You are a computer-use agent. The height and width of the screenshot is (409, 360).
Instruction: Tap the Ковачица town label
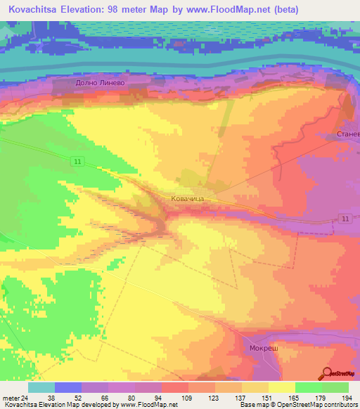188,200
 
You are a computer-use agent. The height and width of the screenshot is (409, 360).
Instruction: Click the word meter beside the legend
10,397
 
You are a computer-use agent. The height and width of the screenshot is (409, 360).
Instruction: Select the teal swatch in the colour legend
41,387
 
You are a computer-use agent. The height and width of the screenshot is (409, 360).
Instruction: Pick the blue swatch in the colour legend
68,387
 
